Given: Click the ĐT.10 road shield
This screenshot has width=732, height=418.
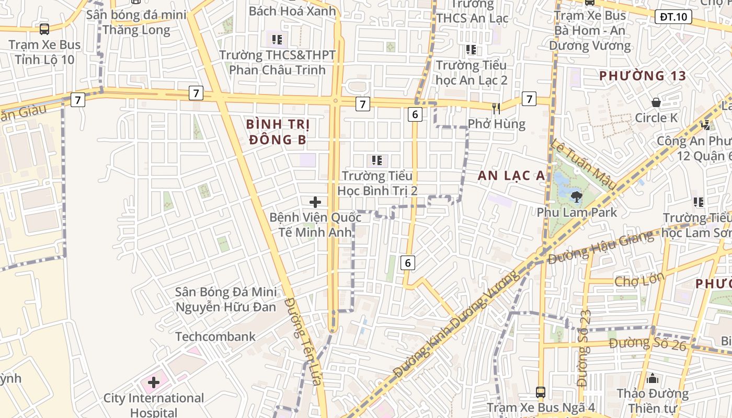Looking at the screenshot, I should [673, 17].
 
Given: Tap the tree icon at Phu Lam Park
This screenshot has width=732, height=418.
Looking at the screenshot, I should [577, 197].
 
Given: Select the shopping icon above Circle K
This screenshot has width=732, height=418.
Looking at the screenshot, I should [656, 102].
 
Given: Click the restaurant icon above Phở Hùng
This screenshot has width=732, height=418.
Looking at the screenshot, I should [496, 109].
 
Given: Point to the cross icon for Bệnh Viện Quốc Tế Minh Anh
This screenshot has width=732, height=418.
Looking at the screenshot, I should [315, 202].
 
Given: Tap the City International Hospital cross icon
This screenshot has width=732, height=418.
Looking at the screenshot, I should [153, 382].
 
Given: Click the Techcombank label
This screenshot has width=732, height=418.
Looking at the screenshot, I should [215, 336].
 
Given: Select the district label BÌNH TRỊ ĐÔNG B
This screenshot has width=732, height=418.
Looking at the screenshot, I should [278, 132].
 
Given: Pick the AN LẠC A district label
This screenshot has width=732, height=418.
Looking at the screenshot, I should [511, 176].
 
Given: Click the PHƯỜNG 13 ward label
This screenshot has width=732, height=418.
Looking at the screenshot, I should [642, 76].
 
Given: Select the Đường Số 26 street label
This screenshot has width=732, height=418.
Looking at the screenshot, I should [647, 343].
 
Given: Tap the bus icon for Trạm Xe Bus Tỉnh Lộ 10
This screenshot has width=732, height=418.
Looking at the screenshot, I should [44, 29].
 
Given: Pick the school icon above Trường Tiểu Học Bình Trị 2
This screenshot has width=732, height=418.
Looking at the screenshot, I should [376, 160].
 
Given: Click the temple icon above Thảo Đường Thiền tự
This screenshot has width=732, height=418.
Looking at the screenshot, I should [652, 378].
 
